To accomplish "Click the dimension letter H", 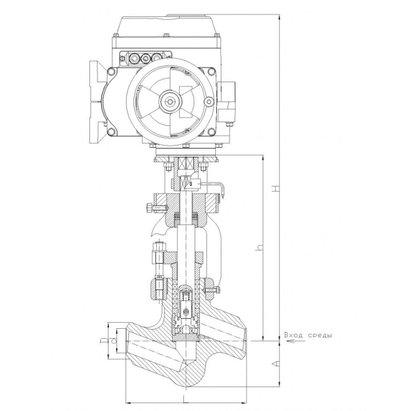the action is pyautogui.click(x=275, y=188).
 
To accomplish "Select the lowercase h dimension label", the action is pyautogui.click(x=259, y=247).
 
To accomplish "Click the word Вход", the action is pyautogui.click(x=294, y=335).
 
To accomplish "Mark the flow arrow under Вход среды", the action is pyautogui.click(x=296, y=341).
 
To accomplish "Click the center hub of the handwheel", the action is pyautogui.click(x=171, y=102).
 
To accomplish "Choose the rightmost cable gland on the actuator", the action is pyautogui.click(x=157, y=58).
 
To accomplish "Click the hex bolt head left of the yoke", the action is pyautogui.click(x=148, y=208).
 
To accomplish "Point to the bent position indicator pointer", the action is pyautogui.click(x=215, y=188).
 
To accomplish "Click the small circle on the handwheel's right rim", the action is pyautogui.click(x=209, y=102).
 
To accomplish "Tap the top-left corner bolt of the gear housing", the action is pyautogui.click(x=112, y=72).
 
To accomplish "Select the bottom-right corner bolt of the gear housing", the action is pyautogui.click(x=211, y=132).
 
